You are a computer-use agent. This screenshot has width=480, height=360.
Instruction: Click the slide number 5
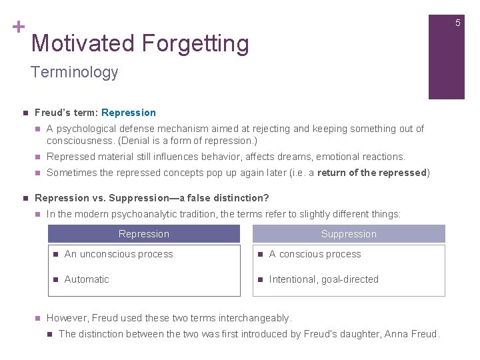pyautogui.click(x=457, y=23)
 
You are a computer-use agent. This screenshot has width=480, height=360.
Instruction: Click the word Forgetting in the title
pyautogui.click(x=195, y=44)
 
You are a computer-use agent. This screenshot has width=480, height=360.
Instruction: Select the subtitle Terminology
pyautogui.click(x=74, y=72)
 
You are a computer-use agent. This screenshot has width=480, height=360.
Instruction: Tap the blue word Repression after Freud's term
pyautogui.click(x=129, y=113)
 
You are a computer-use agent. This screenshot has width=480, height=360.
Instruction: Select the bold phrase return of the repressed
pyautogui.click(x=371, y=173)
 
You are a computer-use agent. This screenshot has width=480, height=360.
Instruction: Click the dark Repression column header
pyautogui.click(x=144, y=234)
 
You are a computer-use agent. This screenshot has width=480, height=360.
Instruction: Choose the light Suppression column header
pyautogui.click(x=349, y=234)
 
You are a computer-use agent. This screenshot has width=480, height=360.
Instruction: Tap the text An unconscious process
pyautogui.click(x=119, y=254)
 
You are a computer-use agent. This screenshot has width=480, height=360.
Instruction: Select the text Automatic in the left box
pyautogui.click(x=86, y=279)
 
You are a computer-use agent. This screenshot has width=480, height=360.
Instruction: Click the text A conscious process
pyautogui.click(x=315, y=254)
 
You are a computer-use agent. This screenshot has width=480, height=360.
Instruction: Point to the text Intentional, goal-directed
pyautogui.click(x=323, y=279)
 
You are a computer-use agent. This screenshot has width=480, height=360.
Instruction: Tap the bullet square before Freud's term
pyautogui.click(x=23, y=113)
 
